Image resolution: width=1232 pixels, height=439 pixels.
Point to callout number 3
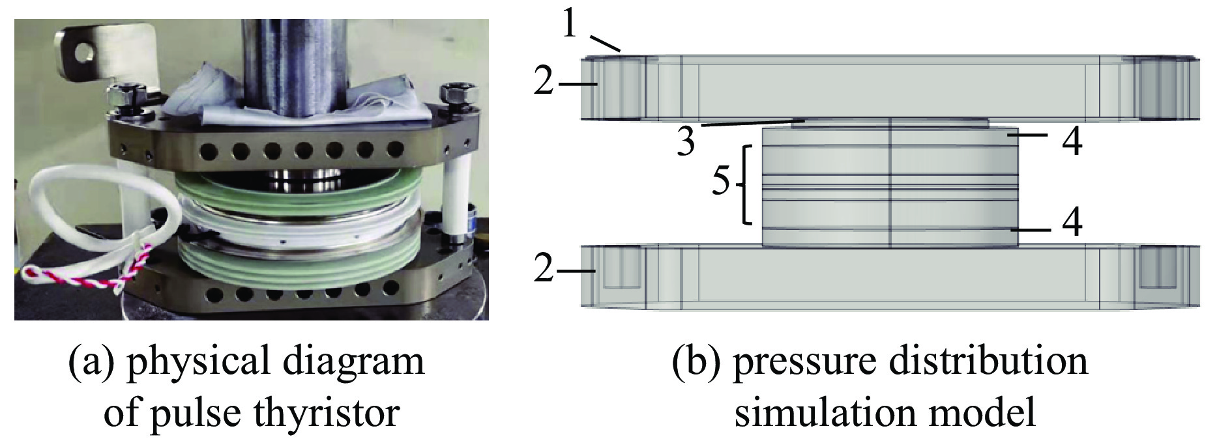pos(686,142)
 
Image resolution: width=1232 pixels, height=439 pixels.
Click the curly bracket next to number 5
pos(746,185)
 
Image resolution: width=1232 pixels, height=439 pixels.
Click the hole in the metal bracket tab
pos(83,50)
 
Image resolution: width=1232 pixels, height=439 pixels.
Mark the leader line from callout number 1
pos(606,43)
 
